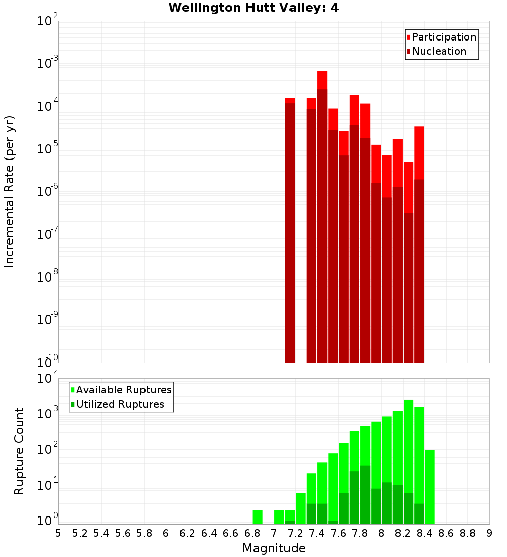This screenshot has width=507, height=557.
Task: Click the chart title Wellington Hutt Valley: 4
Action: click(253, 8)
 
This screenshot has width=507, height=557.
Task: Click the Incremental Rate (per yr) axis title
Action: click(10, 191)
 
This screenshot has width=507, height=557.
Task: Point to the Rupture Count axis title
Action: click(19, 451)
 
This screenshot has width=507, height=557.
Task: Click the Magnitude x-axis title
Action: click(274, 548)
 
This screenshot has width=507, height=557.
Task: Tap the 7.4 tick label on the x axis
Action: click(317, 533)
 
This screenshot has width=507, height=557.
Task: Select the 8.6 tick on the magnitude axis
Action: click(446, 533)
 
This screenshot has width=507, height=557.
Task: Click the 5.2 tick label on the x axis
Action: click(80, 533)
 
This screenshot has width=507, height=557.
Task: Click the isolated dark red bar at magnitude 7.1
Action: click(290, 233)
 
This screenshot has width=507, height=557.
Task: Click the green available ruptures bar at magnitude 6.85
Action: click(258, 517)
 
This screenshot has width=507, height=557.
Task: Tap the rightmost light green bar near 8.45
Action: click(430, 486)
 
